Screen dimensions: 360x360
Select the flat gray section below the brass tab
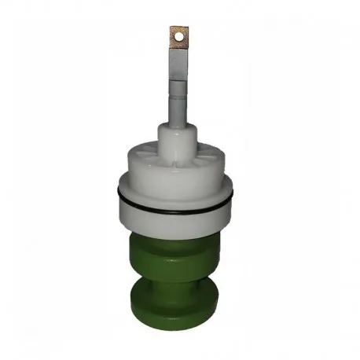(x=180, y=66)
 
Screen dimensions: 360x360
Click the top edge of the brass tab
(x=180, y=26)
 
